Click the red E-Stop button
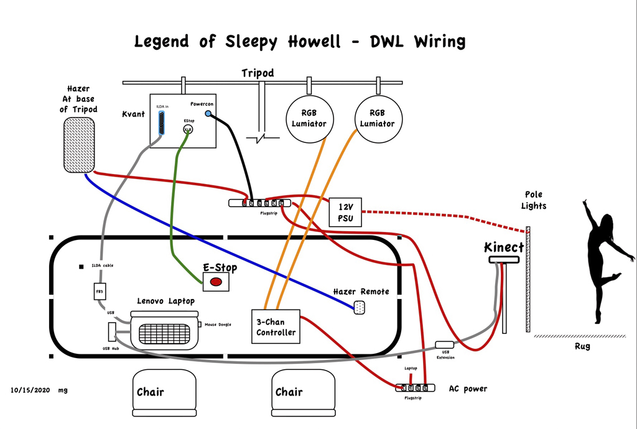pyautogui.click(x=216, y=282)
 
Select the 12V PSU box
pyautogui.click(x=345, y=213)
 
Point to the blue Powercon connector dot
pyautogui.click(x=208, y=114)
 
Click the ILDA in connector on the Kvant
pyautogui.click(x=162, y=124)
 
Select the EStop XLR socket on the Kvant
pyautogui.click(x=187, y=129)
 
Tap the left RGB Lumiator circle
pyautogui.click(x=310, y=119)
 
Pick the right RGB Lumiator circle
pyautogui.click(x=378, y=119)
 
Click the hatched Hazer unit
pyautogui.click(x=80, y=145)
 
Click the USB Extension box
pyautogui.click(x=445, y=344)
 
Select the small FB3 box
pyautogui.click(x=99, y=292)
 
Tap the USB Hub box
pyautogui.click(x=113, y=332)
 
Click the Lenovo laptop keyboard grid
pyautogui.click(x=163, y=335)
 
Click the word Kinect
pyautogui.click(x=504, y=247)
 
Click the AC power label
pyautogui.click(x=468, y=389)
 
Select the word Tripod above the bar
pyautogui.click(x=258, y=73)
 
